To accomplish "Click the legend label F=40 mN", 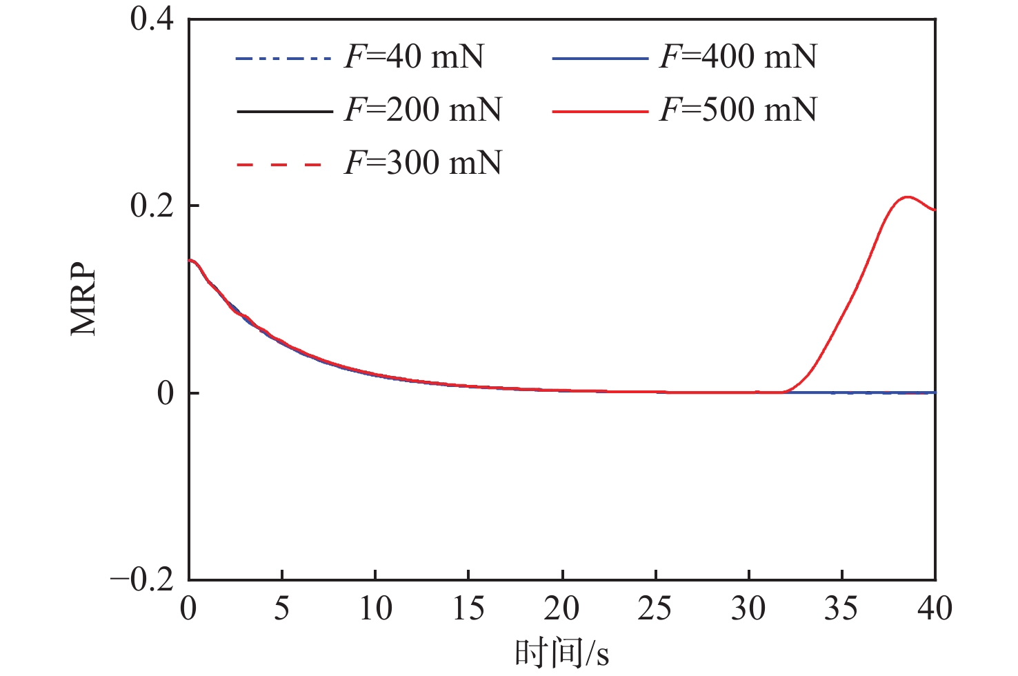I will coord(414,57).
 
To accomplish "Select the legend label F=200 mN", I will coord(423,110).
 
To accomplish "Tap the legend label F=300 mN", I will coord(423,163).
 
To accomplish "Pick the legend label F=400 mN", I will coord(738,57).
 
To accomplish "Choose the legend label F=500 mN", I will coord(738,110).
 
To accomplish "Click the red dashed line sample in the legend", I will coord(279,165).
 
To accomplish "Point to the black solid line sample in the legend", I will coord(284,111).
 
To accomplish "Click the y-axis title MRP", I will coord(84,298).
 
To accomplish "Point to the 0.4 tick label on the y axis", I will coord(152,19).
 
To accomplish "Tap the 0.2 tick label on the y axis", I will coord(152,206).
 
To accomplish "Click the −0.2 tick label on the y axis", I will coord(143,580).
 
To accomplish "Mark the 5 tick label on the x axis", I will coord(282,609).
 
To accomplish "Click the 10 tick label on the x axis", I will coord(375,609).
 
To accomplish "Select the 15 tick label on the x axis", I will coord(469,609).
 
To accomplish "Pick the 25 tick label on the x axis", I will coord(655,609).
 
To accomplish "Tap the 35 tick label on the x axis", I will coord(841,609).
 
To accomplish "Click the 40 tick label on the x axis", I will coord(935,609).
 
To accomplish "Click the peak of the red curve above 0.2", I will coord(906,197).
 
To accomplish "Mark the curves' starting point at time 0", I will coord(190,260).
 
